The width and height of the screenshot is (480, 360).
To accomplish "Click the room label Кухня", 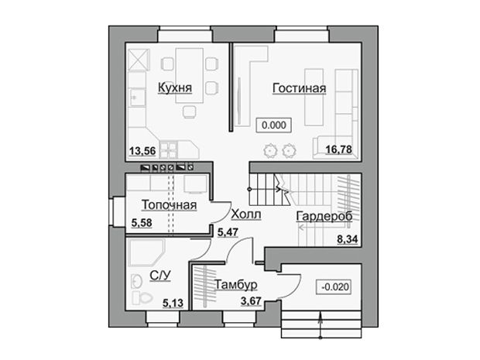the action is (175, 87).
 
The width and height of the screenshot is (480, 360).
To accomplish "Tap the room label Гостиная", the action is (299, 88).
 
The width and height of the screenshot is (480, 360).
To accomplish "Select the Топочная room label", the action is (169, 205).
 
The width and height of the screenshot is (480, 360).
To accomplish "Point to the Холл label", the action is (246, 214).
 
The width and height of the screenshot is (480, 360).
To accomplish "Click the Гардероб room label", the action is (324, 217).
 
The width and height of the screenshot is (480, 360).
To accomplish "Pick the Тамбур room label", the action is (235, 285).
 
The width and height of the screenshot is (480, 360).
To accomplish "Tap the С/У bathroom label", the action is (160, 276).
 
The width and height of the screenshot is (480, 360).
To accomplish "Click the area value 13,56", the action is (142, 151).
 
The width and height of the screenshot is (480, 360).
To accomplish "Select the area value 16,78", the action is (338, 149).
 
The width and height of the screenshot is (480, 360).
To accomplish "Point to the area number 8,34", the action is (348, 239).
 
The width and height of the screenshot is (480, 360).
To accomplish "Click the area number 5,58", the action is (142, 222).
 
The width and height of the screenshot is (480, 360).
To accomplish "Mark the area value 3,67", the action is (251, 301).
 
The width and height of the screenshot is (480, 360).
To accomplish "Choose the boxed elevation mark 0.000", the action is (274, 125).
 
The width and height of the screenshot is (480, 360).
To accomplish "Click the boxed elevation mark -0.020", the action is (334, 286).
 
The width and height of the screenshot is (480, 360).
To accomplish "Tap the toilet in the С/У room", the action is (142, 297).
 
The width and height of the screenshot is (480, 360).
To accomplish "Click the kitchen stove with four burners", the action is (168, 149).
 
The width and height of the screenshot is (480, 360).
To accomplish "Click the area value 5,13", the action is (173, 303).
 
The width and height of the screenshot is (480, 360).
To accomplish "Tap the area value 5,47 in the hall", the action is (228, 232).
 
